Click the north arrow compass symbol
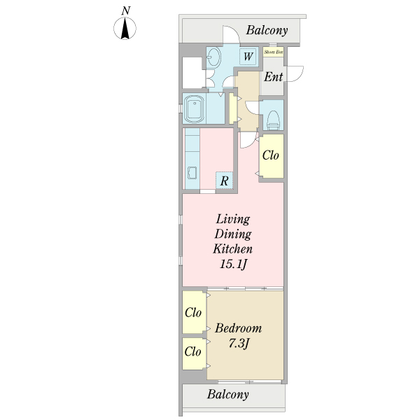click(125, 29)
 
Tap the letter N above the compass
click(125, 10)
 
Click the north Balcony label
click(267, 31)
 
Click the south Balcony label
click(228, 395)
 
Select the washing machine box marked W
click(248, 57)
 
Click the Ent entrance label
click(274, 77)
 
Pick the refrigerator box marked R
click(224, 181)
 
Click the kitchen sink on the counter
click(191, 172)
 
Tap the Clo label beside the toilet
click(272, 155)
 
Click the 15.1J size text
click(234, 264)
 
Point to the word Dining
click(233, 234)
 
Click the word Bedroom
click(238, 328)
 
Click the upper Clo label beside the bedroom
click(193, 312)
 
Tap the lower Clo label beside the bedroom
click(193, 352)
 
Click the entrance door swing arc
click(297, 73)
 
